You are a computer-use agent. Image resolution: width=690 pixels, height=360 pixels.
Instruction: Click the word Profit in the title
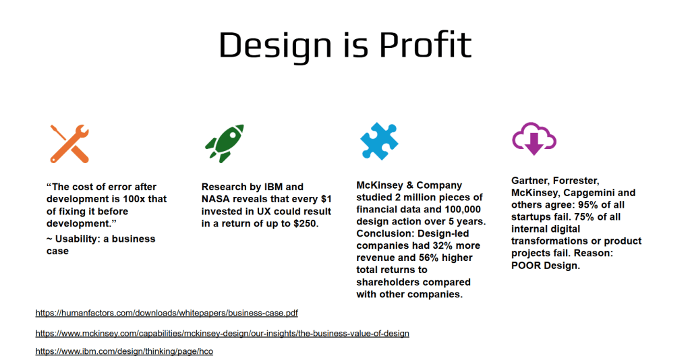coord(425,44)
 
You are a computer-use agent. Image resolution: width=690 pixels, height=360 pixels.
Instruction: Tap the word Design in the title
coord(275,47)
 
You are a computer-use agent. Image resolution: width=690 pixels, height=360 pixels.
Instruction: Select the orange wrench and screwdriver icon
coord(69,144)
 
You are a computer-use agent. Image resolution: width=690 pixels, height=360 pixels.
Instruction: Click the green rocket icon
coord(225,144)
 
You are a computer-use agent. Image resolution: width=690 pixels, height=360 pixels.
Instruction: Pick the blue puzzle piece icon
coord(379,141)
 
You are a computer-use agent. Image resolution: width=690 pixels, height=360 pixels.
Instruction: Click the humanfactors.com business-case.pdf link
coord(167,313)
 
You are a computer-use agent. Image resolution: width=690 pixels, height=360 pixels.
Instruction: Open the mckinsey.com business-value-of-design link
coord(222,333)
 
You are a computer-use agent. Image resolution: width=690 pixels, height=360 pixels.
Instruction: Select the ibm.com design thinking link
coord(124,351)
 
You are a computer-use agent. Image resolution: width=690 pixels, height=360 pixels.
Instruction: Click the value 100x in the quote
coord(134,199)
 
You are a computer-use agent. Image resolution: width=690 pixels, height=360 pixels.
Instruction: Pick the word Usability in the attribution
coord(75,239)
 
